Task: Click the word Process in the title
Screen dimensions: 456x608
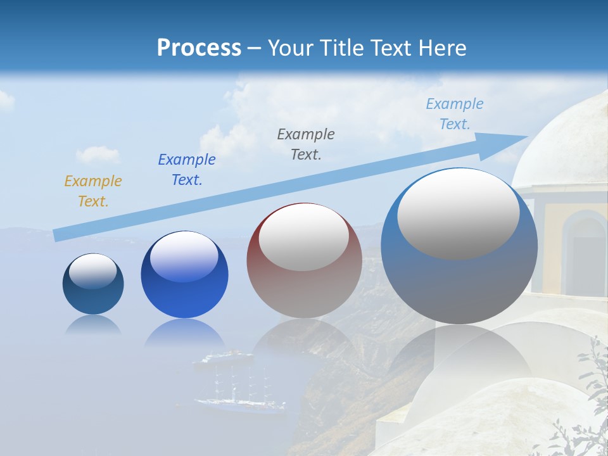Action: [199, 47]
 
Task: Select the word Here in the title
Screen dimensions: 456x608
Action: [441, 47]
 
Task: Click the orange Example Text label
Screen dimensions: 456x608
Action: [93, 191]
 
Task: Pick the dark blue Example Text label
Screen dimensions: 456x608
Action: [187, 170]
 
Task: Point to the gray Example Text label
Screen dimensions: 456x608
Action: [306, 144]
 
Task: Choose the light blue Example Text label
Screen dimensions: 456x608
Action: [455, 114]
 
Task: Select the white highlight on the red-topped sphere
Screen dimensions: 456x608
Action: [303, 237]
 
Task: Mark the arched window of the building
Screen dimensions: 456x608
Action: [584, 250]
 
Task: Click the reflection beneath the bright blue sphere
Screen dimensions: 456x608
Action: [184, 332]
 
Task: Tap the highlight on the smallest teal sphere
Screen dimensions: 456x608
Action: [92, 270]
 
